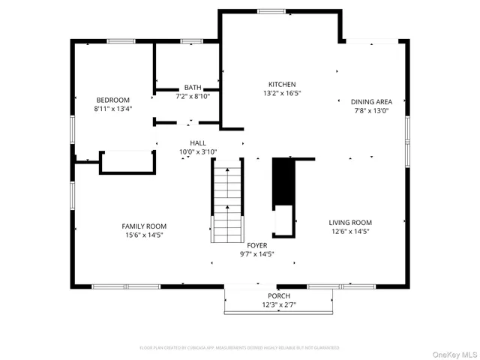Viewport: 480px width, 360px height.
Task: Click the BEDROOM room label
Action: click(112, 100)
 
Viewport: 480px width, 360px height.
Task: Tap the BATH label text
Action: click(193, 87)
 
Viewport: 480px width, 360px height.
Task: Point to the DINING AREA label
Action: click(371, 102)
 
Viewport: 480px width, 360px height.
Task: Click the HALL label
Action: click(198, 142)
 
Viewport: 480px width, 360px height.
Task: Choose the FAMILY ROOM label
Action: click(144, 226)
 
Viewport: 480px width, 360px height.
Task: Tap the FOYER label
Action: click(256, 245)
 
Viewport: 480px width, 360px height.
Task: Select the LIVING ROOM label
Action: click(350, 222)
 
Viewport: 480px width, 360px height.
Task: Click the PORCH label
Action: click(278, 296)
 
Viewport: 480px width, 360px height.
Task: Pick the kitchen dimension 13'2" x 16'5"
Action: click(282, 94)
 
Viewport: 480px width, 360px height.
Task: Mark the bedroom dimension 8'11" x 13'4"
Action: click(112, 109)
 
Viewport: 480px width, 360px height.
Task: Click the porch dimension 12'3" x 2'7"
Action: click(278, 305)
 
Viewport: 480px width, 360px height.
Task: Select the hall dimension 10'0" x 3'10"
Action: click(198, 151)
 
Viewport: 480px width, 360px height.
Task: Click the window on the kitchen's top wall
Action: click(271, 11)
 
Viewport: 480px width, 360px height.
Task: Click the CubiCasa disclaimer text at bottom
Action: click(240, 348)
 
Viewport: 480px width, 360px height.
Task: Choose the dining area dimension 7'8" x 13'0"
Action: click(371, 111)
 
